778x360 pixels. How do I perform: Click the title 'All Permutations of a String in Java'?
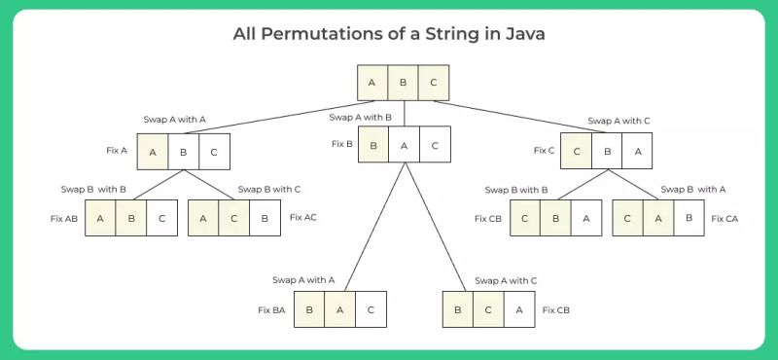coord(388,34)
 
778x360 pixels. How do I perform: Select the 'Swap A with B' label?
coord(361,117)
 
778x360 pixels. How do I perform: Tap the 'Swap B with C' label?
coord(269,189)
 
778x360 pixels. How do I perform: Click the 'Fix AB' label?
coord(64,219)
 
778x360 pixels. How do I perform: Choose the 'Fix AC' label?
coord(303,218)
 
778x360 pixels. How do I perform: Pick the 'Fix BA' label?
coord(271,309)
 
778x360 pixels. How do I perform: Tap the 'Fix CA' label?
coord(725,219)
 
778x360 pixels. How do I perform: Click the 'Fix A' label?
coord(117,151)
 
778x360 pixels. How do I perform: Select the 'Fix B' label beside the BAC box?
coord(341,144)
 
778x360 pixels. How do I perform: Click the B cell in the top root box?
coord(404,83)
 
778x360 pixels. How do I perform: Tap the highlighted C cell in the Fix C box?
coord(577,151)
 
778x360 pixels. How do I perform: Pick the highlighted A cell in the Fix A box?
coord(153,151)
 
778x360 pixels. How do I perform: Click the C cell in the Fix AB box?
coord(162,219)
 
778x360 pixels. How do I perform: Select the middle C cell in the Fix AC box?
coord(234,219)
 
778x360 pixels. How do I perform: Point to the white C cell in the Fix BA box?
coord(371,309)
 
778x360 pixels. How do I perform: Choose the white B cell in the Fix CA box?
coord(690,219)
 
